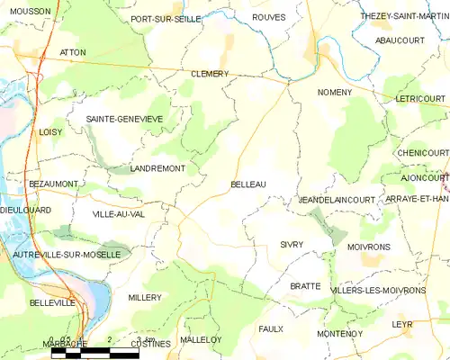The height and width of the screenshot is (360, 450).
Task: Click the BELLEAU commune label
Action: click(248, 184)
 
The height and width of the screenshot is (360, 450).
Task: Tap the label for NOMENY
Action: click(335, 93)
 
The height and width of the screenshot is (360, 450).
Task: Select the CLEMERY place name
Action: click(210, 74)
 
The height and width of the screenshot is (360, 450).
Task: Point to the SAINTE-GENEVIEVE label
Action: click(124, 119)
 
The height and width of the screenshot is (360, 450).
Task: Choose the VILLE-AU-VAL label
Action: click(118, 214)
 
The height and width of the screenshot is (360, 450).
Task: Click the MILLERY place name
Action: click(145, 297)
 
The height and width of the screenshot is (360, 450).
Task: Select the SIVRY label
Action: click(292, 245)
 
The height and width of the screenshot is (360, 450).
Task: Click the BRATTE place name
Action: click(305, 286)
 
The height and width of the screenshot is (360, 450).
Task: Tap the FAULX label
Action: click(271, 329)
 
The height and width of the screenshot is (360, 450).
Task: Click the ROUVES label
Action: click(269, 17)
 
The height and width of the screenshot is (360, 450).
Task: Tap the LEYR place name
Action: click(401, 322)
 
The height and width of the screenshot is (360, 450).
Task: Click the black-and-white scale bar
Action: click(94, 354)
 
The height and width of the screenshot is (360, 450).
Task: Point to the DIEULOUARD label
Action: click(26, 210)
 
